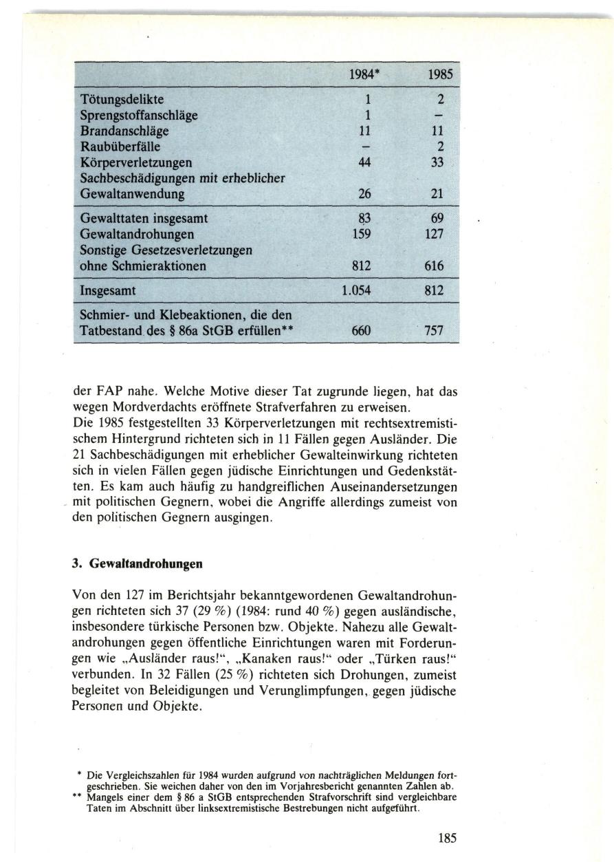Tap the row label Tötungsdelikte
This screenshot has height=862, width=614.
click(x=122, y=100)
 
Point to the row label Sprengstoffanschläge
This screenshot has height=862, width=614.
click(x=139, y=116)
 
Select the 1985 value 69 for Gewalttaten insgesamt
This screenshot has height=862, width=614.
click(x=437, y=218)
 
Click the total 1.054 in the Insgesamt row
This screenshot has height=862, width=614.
click(x=356, y=291)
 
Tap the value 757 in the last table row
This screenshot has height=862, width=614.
click(x=435, y=331)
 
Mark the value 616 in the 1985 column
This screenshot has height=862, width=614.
click(x=434, y=266)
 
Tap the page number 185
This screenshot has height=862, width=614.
click(x=447, y=838)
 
